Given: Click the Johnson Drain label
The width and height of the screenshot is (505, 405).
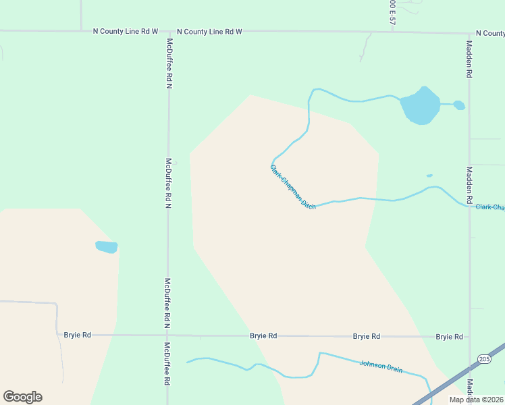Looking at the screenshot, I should pyautogui.click(x=381, y=367).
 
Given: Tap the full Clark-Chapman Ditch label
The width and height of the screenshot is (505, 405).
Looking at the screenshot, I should pyautogui.click(x=293, y=186).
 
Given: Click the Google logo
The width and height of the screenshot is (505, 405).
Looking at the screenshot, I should pyautogui.click(x=22, y=397).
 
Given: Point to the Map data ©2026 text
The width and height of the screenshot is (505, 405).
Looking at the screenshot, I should pyautogui.click(x=477, y=400).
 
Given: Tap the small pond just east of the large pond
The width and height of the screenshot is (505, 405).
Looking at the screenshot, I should pyautogui.click(x=459, y=105).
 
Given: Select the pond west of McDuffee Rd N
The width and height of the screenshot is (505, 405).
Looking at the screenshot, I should pyautogui.click(x=107, y=247).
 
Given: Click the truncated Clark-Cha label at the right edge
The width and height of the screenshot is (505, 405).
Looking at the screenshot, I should pyautogui.click(x=489, y=207).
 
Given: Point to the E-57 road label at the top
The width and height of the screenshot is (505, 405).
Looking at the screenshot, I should pyautogui.click(x=392, y=13).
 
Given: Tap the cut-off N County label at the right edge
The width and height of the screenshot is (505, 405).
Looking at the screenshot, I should pyautogui.click(x=490, y=33).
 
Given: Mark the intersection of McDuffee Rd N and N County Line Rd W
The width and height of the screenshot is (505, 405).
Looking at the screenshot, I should pyautogui.click(x=168, y=32).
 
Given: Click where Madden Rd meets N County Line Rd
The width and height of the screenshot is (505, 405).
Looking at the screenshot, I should pyautogui.click(x=469, y=33).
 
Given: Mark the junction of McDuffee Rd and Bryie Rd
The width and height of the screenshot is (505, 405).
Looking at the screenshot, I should pyautogui.click(x=167, y=335).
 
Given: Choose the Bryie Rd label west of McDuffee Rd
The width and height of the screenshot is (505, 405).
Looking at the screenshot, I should pyautogui.click(x=77, y=335).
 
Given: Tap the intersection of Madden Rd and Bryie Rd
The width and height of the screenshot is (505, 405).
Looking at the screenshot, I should pyautogui.click(x=469, y=336).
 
